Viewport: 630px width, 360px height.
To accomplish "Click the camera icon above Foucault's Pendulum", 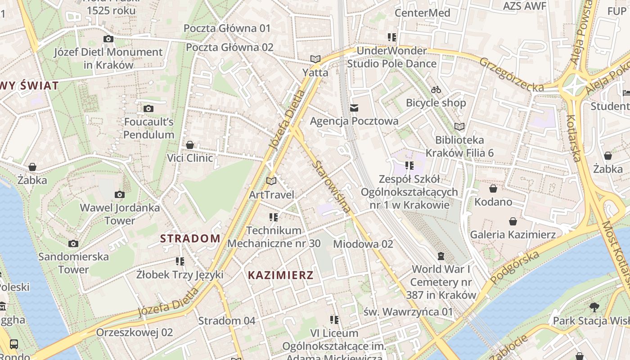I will tap(148, 108).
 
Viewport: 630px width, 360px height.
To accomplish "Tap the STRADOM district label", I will tap(190, 238).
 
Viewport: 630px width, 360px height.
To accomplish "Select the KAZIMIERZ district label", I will tap(280, 275).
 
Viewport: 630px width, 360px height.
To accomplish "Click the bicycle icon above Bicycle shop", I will tap(436, 90).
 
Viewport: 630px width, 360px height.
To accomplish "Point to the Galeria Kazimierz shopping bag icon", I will tap(513, 221).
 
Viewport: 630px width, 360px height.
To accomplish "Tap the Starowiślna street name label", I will tap(331, 187).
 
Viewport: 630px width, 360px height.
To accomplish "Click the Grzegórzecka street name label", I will tap(511, 75).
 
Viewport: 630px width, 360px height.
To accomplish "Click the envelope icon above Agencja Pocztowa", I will tap(354, 108).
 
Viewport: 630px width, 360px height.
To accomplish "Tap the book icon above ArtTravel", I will tap(271, 181).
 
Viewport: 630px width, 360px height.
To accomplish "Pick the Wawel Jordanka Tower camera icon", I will tap(119, 194).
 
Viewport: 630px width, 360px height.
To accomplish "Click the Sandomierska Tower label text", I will tap(73, 263).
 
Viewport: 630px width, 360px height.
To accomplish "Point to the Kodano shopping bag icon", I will tap(493, 188).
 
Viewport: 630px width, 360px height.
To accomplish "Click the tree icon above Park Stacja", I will tap(594, 307).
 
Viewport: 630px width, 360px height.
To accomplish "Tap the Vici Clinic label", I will tap(190, 158).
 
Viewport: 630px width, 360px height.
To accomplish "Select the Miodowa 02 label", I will tap(363, 244).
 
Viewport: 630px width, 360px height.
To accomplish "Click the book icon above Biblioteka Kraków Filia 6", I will tap(459, 126).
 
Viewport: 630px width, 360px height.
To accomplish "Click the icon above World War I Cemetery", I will tap(441, 256).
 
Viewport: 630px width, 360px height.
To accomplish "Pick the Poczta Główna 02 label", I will tap(229, 47).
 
